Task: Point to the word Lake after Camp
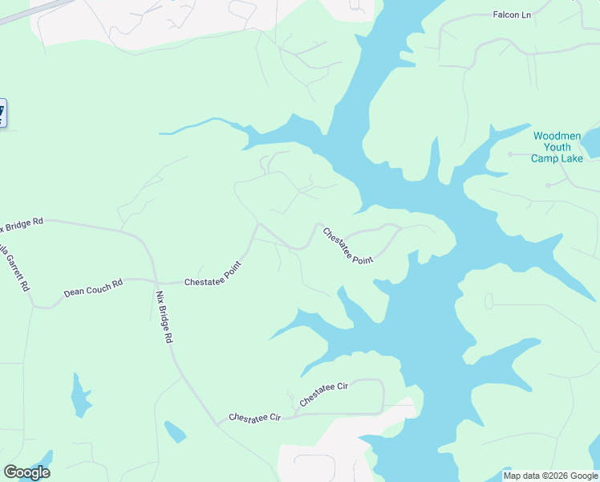pyautogui.click(x=570, y=158)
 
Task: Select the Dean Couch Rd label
pyautogui.click(x=93, y=288)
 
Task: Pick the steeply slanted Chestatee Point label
pyautogui.click(x=349, y=244)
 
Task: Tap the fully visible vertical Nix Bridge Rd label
pyautogui.click(x=164, y=317)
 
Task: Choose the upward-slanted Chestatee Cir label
pyautogui.click(x=324, y=394)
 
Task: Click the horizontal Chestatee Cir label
pyautogui.click(x=255, y=418)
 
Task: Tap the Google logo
pyautogui.click(x=26, y=472)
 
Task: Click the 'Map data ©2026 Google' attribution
pyautogui.click(x=551, y=476)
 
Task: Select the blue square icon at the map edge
pyautogui.click(x=2, y=112)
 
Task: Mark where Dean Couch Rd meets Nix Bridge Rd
pyautogui.click(x=153, y=280)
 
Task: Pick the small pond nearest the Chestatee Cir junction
pyautogui.click(x=175, y=432)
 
